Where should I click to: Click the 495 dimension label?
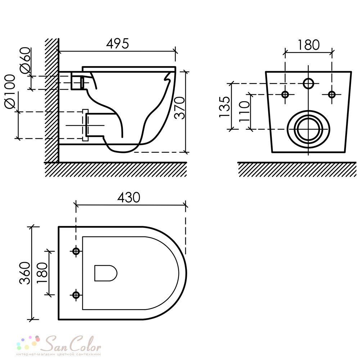point(118,44)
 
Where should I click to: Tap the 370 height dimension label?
point(180,108)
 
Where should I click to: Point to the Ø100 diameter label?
point(10,91)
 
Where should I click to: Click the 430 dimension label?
point(129,197)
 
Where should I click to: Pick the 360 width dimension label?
point(25,273)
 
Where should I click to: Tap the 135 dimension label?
point(224,107)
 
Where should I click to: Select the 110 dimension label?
point(244,112)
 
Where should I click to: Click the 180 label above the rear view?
point(309,45)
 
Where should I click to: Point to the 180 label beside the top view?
point(42,273)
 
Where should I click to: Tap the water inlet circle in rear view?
point(309,84)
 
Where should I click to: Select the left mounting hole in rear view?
point(285,94)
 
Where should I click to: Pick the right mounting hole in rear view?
point(332,94)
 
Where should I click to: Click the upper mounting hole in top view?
point(76,251)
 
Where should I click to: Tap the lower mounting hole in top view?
point(76,295)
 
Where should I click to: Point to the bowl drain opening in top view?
point(106,273)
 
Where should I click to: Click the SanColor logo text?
point(72,344)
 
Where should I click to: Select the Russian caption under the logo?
point(59,354)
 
